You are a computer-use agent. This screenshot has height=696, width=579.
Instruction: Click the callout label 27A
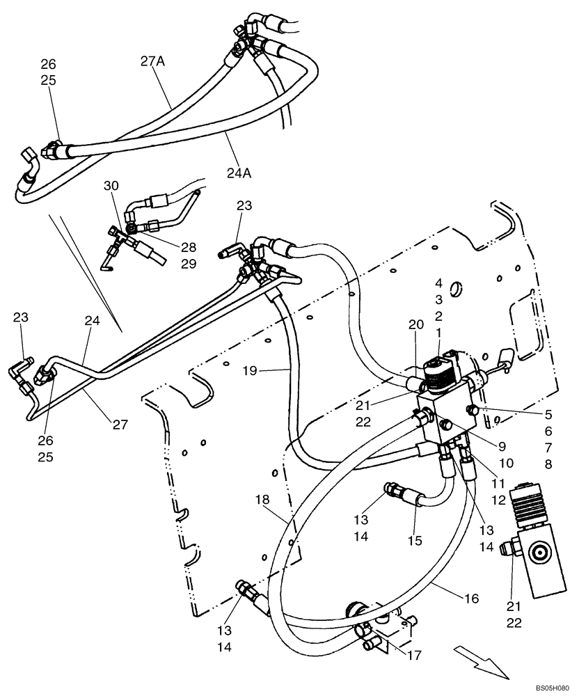click(x=152, y=61)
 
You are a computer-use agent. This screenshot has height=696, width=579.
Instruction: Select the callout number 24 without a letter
click(x=93, y=322)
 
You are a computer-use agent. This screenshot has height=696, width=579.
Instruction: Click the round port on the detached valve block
click(x=539, y=555)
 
